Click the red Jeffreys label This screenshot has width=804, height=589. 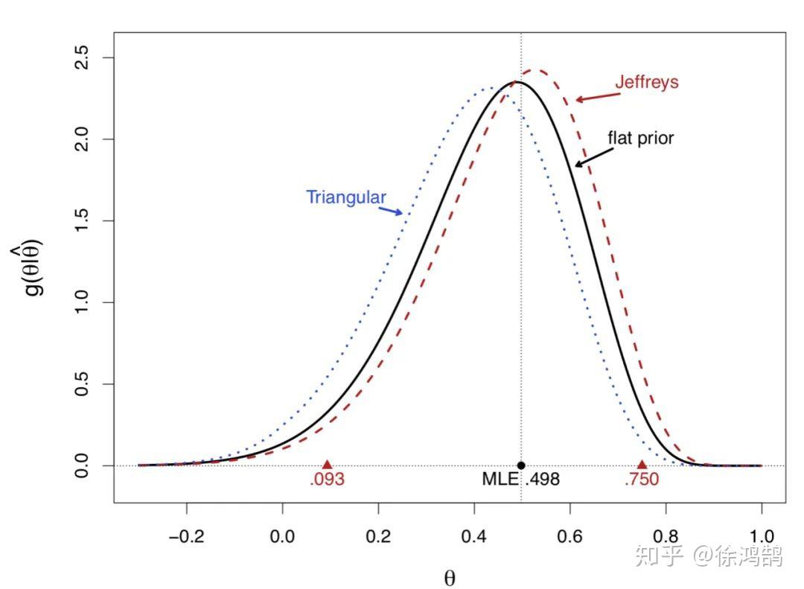(x=646, y=82)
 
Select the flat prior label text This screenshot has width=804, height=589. (x=640, y=138)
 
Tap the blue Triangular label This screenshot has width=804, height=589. (x=346, y=197)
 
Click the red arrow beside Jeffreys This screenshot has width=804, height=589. (x=594, y=96)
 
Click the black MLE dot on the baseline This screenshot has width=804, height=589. (x=521, y=465)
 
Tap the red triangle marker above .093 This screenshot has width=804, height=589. (x=326, y=465)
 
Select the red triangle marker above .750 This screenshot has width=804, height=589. (x=642, y=465)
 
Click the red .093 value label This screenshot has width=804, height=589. (x=328, y=480)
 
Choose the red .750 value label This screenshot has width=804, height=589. (x=642, y=480)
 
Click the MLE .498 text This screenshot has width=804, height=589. (x=520, y=480)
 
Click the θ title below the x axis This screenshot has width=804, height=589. (x=449, y=578)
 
